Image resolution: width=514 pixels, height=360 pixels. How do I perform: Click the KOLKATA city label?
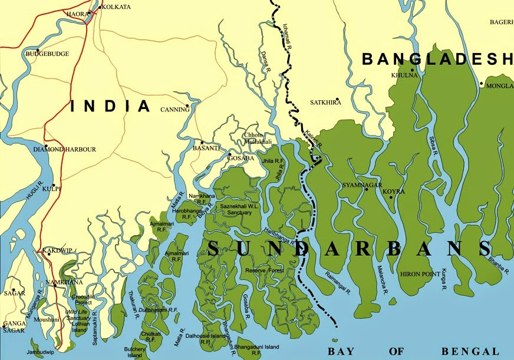tap(116, 8)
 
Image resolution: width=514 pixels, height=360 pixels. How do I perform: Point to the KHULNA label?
tap(404, 75)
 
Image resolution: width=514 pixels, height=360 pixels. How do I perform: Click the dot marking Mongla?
tap(482, 84)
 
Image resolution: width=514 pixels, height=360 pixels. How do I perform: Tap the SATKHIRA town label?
tap(325, 103)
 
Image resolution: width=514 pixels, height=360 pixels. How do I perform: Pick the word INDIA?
tap(111, 106)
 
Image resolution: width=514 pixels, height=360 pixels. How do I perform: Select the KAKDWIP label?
tap(58, 250)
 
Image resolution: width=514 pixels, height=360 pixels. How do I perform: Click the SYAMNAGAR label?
tap(361, 186)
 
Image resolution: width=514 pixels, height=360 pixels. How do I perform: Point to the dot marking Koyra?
tap(390, 197)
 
